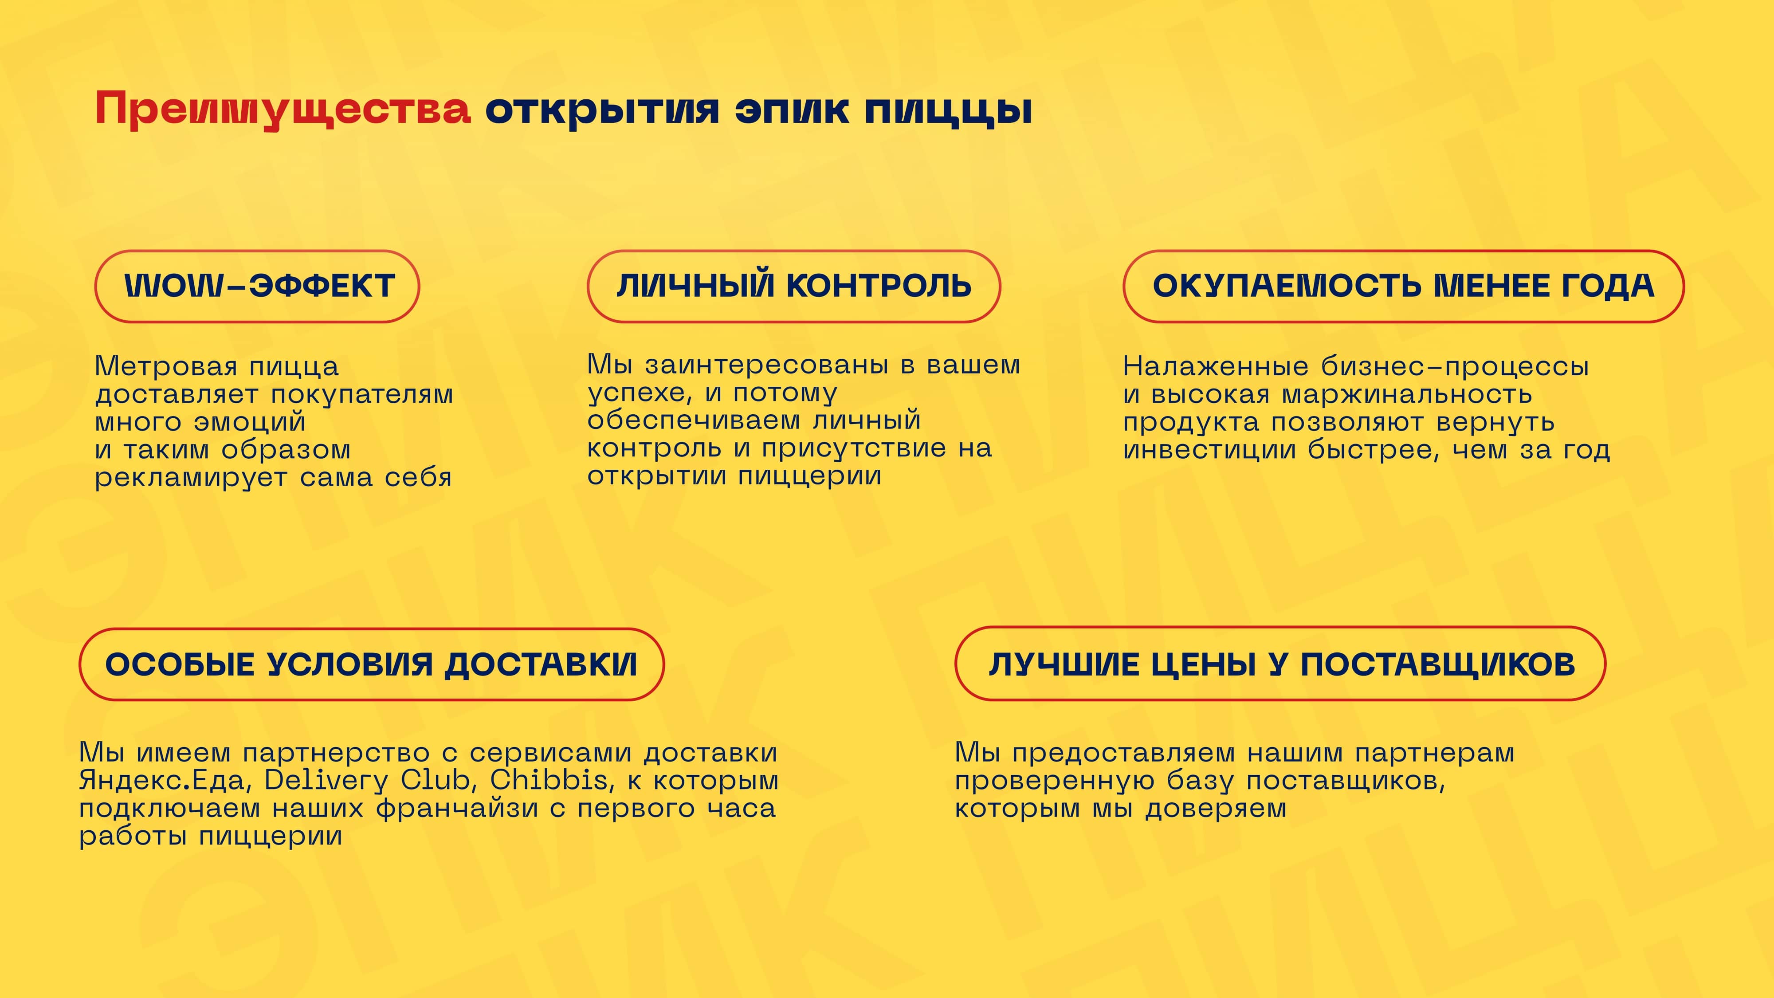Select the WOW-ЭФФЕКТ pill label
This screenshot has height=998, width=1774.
point(257,286)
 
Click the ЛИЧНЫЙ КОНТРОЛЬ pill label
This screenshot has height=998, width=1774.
point(793,286)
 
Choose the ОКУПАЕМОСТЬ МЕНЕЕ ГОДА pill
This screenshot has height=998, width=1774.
point(1404,286)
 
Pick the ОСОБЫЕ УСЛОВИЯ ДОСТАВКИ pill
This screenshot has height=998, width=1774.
point(371,664)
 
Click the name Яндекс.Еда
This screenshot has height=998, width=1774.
point(162,780)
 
